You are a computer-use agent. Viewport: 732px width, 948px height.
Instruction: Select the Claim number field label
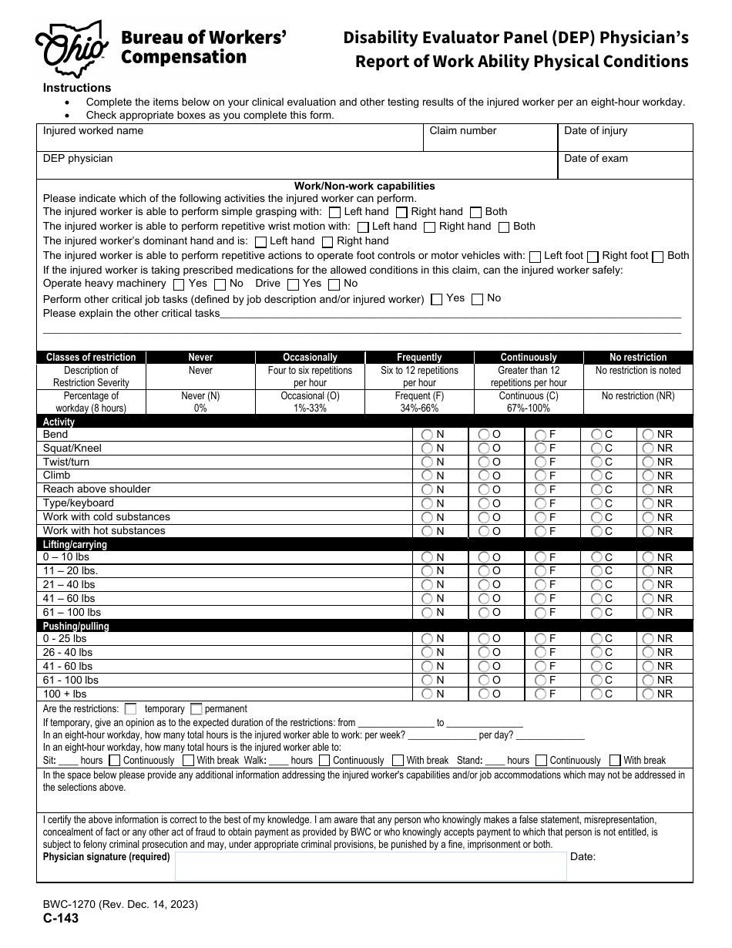point(463,131)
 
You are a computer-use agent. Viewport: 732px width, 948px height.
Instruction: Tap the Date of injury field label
point(596,131)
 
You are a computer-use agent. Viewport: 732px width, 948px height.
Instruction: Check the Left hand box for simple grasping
point(334,212)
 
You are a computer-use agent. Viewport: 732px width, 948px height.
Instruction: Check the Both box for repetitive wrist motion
point(504,227)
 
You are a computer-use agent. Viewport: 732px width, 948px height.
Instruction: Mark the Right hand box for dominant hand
point(327,241)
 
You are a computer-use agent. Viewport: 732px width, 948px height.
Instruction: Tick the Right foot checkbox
point(593,256)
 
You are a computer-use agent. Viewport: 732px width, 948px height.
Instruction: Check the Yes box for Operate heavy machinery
point(179,284)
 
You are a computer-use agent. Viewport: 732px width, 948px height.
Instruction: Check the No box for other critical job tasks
point(477,299)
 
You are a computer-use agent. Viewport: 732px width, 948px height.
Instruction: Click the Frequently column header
point(419,358)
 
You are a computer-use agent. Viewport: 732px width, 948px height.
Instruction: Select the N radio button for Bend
point(427,435)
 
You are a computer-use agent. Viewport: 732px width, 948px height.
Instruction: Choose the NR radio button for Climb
point(649,476)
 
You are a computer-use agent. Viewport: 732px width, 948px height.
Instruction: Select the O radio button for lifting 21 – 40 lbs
point(484,585)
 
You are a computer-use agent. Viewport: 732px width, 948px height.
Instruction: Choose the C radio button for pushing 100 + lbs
point(596,694)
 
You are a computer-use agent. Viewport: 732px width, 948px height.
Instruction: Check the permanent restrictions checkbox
point(196,708)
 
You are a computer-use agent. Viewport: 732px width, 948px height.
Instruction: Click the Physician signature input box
point(370,866)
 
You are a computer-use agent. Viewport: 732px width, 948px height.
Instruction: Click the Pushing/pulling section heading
point(76,627)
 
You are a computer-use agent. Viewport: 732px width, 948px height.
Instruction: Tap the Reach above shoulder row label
point(97,489)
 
